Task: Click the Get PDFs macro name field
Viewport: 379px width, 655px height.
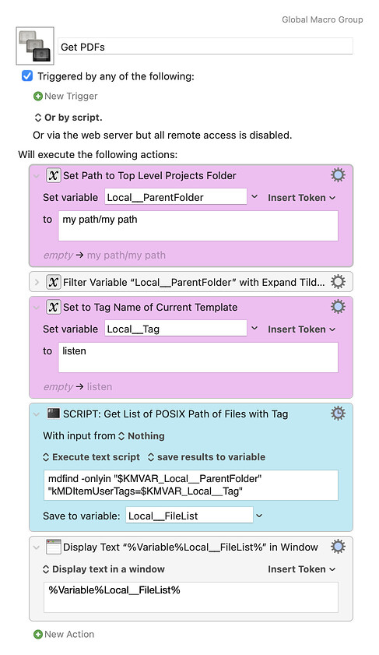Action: pos(205,47)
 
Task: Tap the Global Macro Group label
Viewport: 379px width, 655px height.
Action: pos(322,19)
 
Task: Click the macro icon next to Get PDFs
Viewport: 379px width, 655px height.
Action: pos(35,46)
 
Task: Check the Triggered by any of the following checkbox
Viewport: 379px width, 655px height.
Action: pos(27,76)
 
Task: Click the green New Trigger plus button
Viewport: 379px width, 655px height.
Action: pos(38,96)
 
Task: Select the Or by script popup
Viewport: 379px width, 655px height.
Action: pos(68,118)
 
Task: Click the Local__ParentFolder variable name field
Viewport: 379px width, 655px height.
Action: pos(176,197)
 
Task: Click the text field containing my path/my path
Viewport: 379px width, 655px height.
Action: pos(198,226)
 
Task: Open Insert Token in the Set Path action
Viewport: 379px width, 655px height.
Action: pos(301,198)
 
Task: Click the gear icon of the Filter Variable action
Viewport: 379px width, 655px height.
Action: pos(338,282)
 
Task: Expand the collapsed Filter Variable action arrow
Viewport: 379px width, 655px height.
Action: pos(37,283)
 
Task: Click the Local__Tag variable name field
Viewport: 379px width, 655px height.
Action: pos(176,329)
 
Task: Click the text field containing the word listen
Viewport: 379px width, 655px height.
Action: pos(198,357)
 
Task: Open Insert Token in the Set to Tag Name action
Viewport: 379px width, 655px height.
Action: pos(301,329)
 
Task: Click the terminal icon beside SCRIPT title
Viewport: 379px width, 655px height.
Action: pos(54,414)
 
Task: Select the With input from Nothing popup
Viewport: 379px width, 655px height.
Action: pos(104,435)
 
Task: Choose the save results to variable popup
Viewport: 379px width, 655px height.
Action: pos(206,457)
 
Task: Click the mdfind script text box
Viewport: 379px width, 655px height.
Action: pos(191,485)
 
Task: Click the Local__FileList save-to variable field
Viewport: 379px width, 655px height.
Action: pos(190,516)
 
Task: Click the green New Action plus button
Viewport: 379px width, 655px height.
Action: pos(38,634)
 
